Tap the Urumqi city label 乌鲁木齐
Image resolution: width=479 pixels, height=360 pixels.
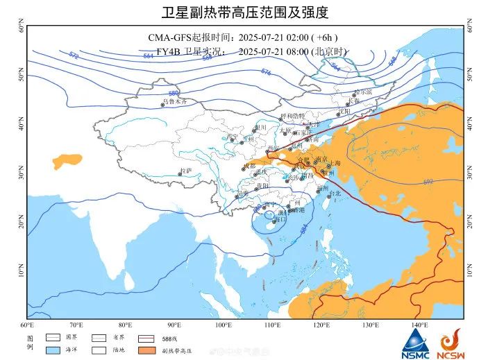tap(175, 101)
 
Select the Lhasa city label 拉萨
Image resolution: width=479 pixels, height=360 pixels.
tap(185, 170)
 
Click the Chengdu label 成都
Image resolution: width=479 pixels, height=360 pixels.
tap(249, 166)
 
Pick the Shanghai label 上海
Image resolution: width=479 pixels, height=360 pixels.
tap(334, 164)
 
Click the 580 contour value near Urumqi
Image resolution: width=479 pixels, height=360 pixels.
tap(174, 93)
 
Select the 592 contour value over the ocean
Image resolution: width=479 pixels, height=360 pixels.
tap(428, 182)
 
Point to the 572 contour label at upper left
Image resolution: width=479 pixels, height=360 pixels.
tap(74, 55)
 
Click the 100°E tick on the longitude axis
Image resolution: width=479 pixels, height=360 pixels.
tap(224, 325)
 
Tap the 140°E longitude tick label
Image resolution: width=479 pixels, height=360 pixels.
tap(419, 325)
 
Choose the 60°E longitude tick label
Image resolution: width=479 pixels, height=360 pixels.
tap(28, 325)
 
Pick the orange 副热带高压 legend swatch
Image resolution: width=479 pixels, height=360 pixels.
tap(149, 352)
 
